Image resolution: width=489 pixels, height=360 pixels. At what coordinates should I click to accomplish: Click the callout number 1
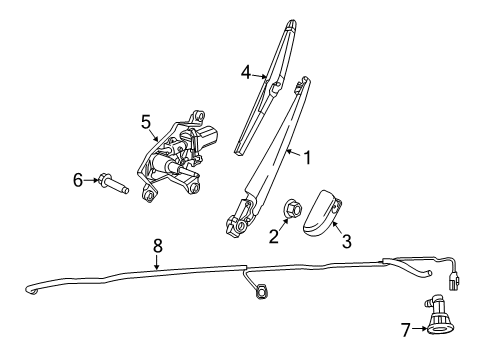(x=307, y=156)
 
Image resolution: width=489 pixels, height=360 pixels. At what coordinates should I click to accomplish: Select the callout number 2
(x=273, y=237)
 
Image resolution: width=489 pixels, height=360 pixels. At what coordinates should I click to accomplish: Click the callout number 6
(x=77, y=180)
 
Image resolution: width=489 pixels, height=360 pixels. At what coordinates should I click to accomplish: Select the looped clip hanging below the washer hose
(x=262, y=293)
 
